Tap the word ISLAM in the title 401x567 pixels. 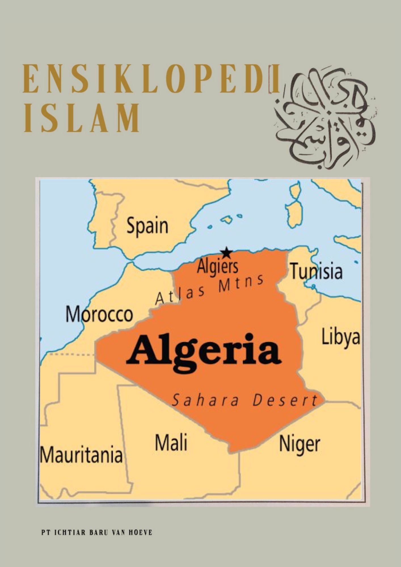pos(82,118)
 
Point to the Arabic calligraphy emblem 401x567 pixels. pos(324,118)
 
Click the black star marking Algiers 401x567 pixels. pos(226,252)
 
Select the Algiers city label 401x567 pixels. pos(218,267)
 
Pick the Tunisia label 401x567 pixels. pos(316,271)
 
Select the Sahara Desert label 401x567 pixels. pos(244,400)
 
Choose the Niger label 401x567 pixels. pos(299,444)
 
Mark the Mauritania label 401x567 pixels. pos(81,454)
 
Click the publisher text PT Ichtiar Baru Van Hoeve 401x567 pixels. pos(97,532)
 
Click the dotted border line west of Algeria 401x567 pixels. pos(71,354)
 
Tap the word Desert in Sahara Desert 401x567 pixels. pos(285,400)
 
